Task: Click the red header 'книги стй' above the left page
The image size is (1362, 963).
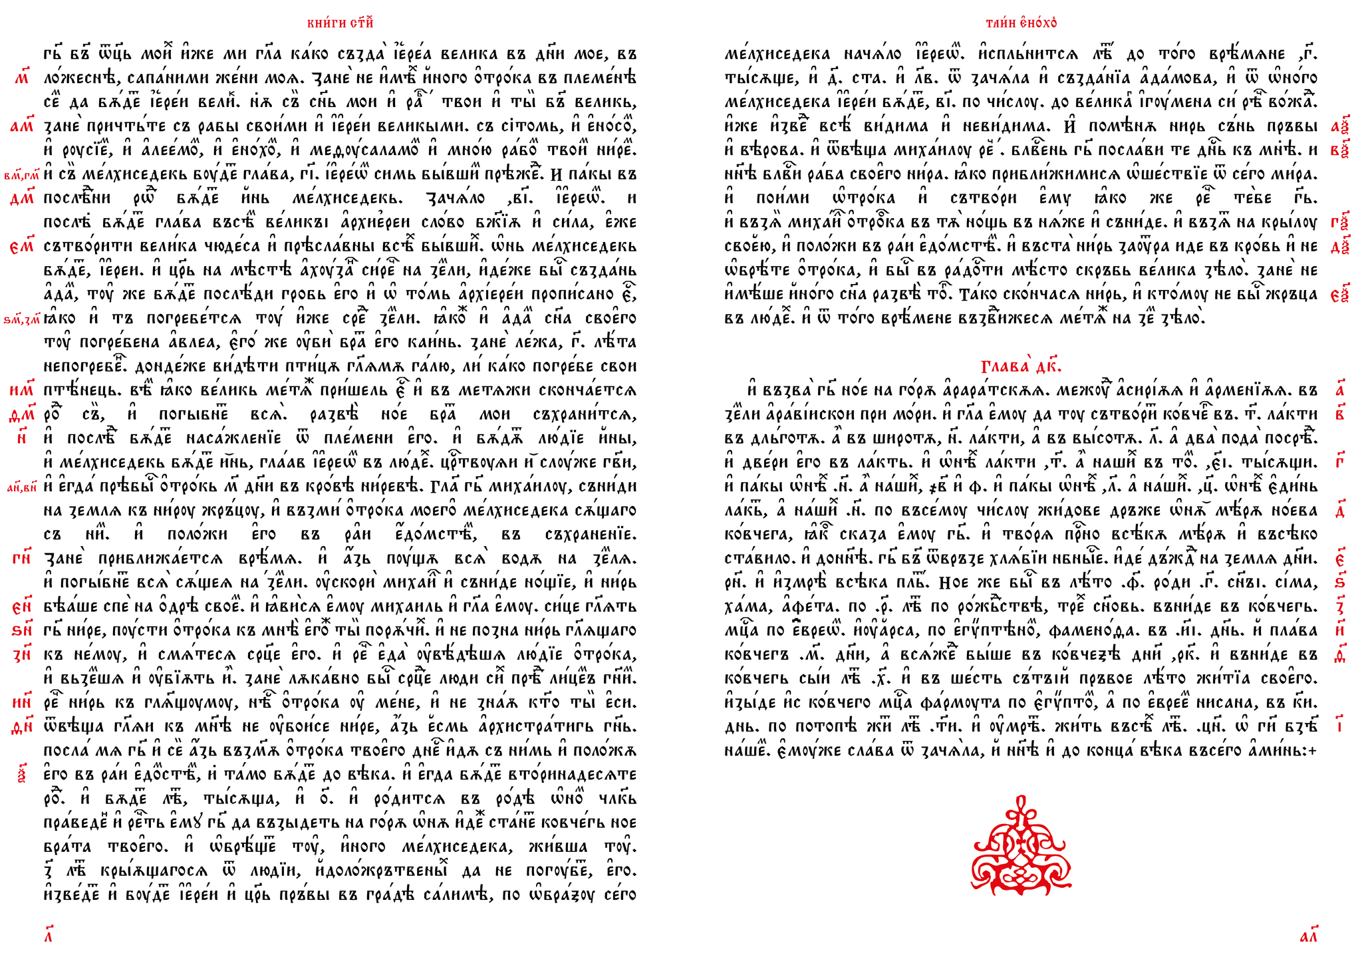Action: coord(340,23)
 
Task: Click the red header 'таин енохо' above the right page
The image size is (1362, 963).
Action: coord(1021,23)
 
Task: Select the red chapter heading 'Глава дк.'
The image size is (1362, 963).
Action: coord(1021,366)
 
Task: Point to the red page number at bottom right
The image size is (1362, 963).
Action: coord(1308,937)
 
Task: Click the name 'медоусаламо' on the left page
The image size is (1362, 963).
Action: coord(356,150)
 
